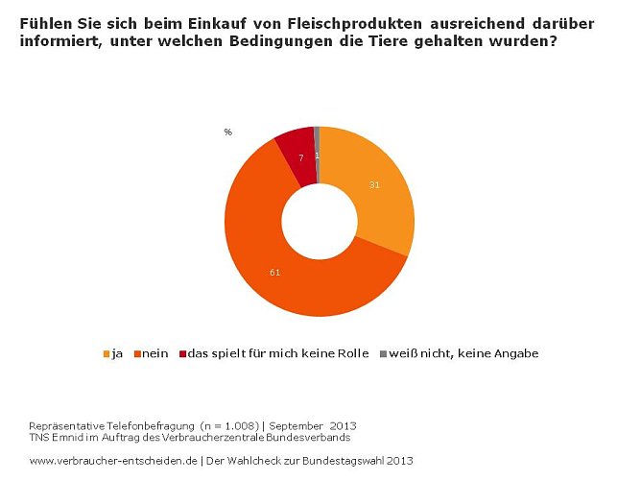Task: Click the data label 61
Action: tap(274, 274)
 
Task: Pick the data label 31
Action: tap(375, 184)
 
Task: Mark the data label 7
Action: tap(300, 157)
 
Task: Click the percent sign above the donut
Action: tap(227, 132)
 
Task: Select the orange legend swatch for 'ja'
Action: tap(106, 353)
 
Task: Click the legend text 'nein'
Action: tap(156, 353)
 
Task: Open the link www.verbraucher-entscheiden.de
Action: tap(113, 460)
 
